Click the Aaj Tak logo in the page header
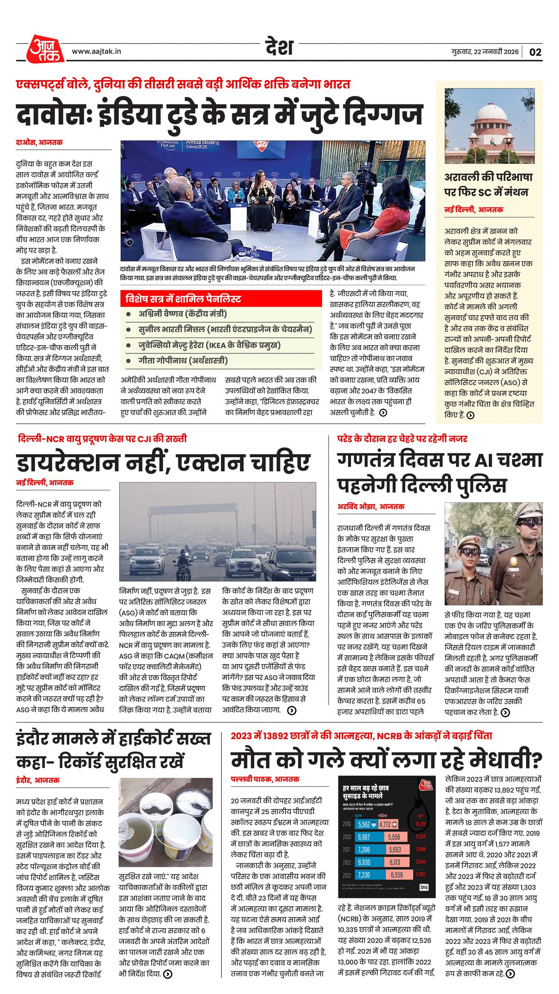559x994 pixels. (45, 49)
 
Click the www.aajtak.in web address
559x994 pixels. (96, 52)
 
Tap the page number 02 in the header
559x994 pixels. (535, 52)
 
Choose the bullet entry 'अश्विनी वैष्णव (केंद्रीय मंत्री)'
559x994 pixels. (182, 314)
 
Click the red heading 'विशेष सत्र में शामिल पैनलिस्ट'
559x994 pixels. (183, 299)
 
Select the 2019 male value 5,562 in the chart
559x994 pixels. (364, 824)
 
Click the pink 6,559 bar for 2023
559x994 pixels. (397, 875)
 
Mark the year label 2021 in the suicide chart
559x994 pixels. (347, 849)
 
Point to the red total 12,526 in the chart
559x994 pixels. (420, 837)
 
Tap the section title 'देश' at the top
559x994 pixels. (279, 47)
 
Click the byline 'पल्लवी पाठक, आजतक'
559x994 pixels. (265, 778)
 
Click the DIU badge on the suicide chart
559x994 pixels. (424, 887)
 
